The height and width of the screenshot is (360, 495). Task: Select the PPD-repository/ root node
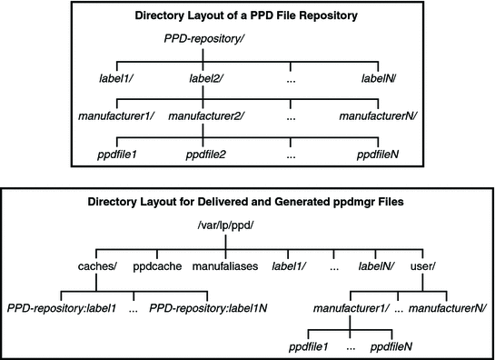(203, 39)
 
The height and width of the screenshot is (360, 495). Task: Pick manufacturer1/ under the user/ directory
(349, 309)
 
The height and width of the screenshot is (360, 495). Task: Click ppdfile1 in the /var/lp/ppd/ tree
(310, 347)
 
